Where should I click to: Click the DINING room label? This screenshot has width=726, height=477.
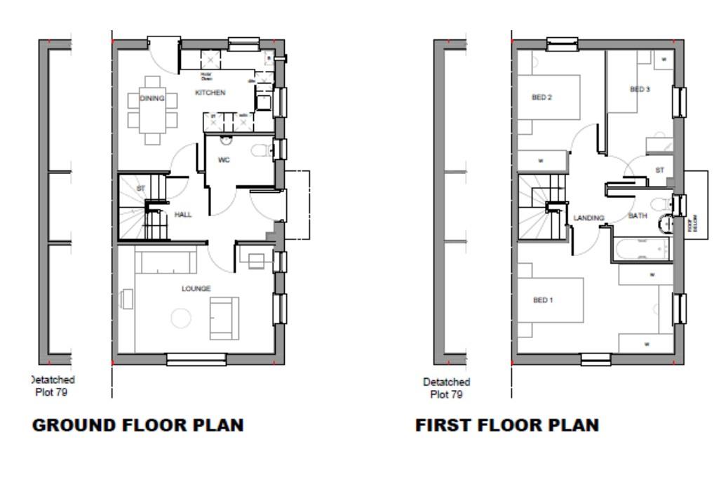[152, 99]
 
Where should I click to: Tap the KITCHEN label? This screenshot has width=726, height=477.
[210, 93]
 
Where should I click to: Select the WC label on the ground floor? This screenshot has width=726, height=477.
[224, 160]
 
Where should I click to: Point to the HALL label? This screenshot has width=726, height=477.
[182, 215]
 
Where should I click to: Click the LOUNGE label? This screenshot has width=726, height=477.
[196, 288]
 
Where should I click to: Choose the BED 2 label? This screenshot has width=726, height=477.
[542, 98]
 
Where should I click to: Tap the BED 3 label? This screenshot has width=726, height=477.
[640, 89]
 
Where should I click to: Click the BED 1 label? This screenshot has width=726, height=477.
[543, 300]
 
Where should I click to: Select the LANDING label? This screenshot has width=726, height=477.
[589, 218]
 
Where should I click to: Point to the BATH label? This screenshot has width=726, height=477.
[637, 216]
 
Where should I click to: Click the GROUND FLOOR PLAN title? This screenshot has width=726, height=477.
[138, 425]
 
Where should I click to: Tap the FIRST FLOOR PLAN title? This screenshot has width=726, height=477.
[507, 425]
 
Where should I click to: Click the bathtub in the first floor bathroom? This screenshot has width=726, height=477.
[641, 249]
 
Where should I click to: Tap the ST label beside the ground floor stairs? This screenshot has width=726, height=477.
[140, 188]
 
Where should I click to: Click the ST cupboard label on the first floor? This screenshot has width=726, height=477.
[659, 170]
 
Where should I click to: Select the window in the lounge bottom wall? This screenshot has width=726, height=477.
[196, 359]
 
